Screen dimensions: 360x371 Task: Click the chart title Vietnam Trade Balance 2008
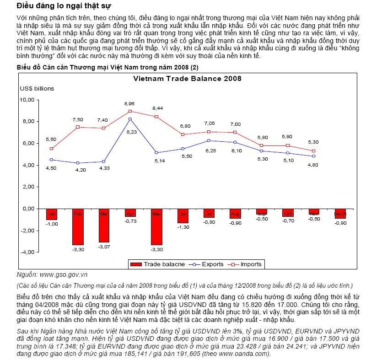[x=187, y=78]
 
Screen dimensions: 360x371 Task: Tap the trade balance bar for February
[x=78, y=227]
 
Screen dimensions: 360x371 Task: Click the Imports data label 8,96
[x=129, y=104]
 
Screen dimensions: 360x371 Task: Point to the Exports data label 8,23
[x=131, y=132]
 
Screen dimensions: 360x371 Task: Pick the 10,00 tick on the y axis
[x=28, y=99]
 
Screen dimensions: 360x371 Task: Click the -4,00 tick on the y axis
[x=27, y=252]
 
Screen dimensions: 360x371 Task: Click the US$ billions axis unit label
[x=37, y=88]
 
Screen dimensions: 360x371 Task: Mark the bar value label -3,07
[x=104, y=247]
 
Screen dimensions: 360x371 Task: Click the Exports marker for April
[x=130, y=119]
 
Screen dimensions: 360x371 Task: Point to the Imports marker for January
[x=52, y=148]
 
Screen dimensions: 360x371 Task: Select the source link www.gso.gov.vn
[x=64, y=274]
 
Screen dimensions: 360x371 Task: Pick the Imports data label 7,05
[x=209, y=123]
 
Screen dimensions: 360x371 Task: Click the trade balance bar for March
[x=104, y=225]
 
